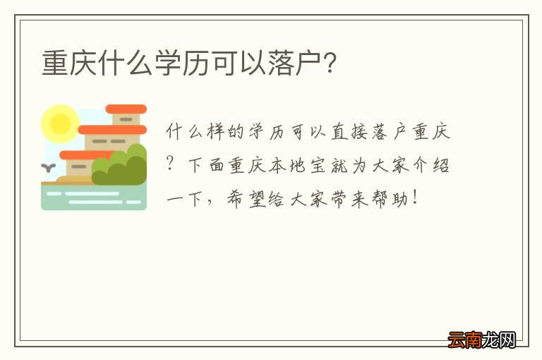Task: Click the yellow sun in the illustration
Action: click(59, 124)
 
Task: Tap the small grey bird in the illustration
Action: click(49, 168)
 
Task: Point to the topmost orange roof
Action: click(126, 109)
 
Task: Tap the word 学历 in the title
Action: click(186, 64)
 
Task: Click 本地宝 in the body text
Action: click(308, 167)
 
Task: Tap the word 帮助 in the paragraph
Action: click(396, 198)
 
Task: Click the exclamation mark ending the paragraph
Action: click(421, 198)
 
